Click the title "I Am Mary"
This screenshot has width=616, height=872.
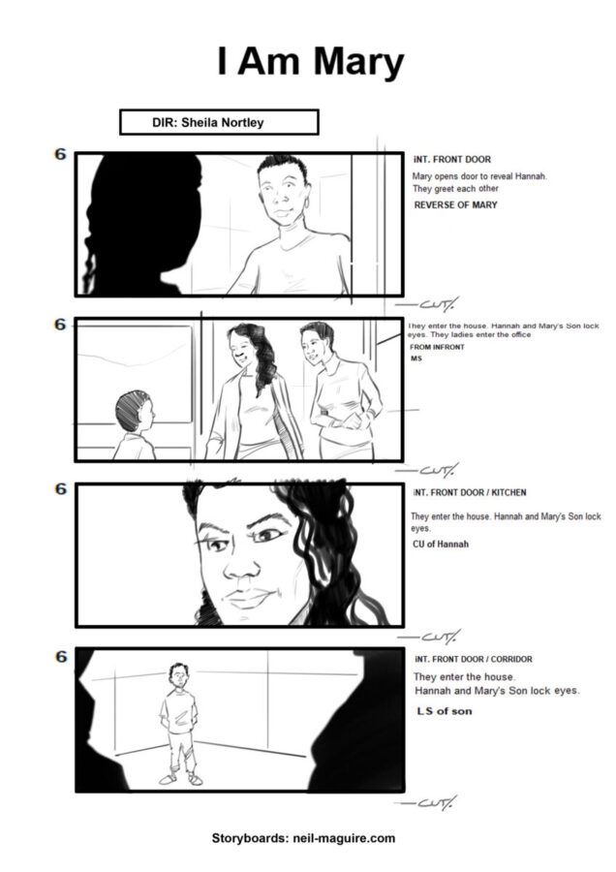click(x=310, y=62)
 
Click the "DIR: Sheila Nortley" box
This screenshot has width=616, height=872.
click(x=219, y=122)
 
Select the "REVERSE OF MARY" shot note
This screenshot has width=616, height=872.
click(x=455, y=204)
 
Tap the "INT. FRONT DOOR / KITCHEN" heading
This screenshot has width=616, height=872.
click(x=470, y=492)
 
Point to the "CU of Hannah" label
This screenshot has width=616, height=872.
click(x=441, y=544)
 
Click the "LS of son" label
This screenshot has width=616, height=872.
click(x=445, y=711)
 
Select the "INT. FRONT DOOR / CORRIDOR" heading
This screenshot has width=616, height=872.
click(x=473, y=659)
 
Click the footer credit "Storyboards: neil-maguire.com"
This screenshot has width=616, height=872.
click(x=303, y=838)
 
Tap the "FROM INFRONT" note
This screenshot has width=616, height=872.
click(x=437, y=347)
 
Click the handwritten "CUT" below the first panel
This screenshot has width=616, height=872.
click(x=427, y=304)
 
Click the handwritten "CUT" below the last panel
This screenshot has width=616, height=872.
click(x=426, y=802)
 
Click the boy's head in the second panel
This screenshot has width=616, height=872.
click(x=133, y=412)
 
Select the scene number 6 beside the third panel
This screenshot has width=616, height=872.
click(x=60, y=489)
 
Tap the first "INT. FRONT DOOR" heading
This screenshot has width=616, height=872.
click(x=452, y=159)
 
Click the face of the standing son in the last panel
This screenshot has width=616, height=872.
click(x=177, y=677)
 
